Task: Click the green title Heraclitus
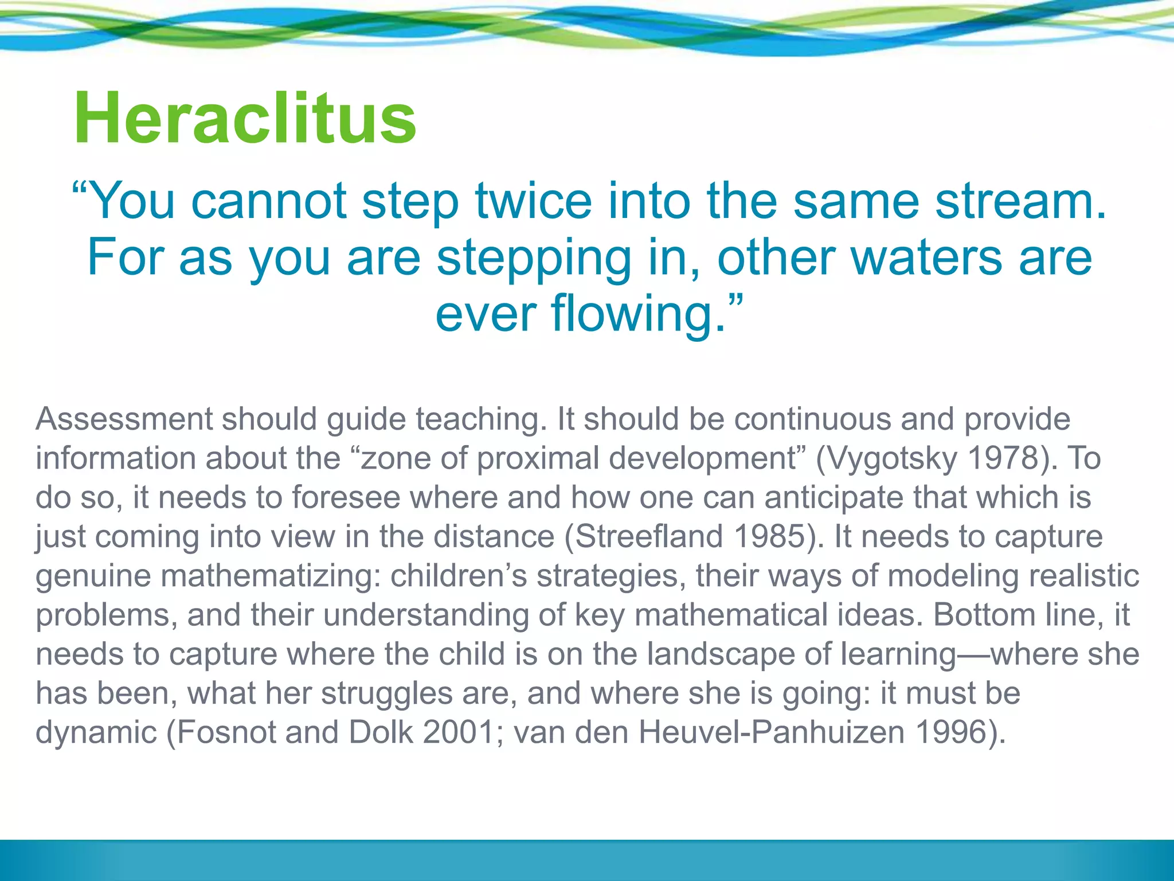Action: (x=245, y=119)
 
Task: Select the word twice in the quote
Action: (x=533, y=201)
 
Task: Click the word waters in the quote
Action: (x=926, y=258)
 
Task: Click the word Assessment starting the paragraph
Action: (x=124, y=419)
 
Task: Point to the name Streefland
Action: (x=648, y=537)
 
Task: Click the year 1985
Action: (x=771, y=537)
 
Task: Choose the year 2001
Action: (x=459, y=732)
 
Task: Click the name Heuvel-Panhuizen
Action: (x=772, y=732)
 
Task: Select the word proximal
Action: (x=538, y=459)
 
